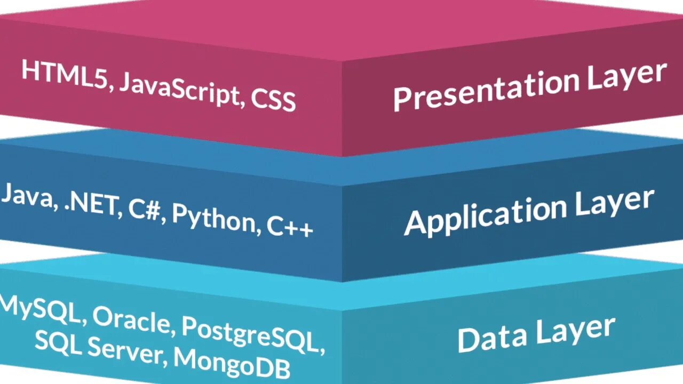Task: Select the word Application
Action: [485, 215]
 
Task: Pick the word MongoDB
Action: [232, 363]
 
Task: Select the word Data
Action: [491, 338]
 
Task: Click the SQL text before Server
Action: [58, 340]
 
